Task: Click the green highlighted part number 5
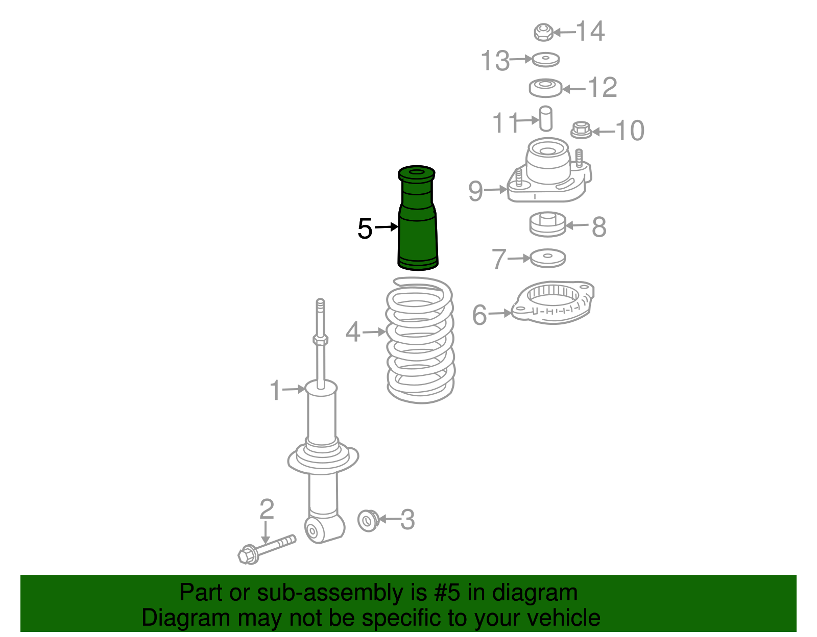click(417, 218)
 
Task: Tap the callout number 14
click(590, 31)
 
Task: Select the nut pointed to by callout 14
click(544, 32)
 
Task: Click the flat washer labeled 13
click(546, 59)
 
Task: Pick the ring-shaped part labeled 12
click(545, 88)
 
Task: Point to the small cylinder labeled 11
click(545, 119)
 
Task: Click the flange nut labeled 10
click(581, 130)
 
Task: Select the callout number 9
click(475, 191)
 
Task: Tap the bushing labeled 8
click(548, 224)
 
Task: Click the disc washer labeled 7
click(548, 258)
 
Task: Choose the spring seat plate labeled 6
click(552, 302)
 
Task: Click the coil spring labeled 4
click(420, 340)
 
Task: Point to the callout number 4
click(353, 332)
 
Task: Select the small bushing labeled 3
click(368, 521)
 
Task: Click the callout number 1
click(275, 390)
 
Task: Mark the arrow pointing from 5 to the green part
click(387, 227)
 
